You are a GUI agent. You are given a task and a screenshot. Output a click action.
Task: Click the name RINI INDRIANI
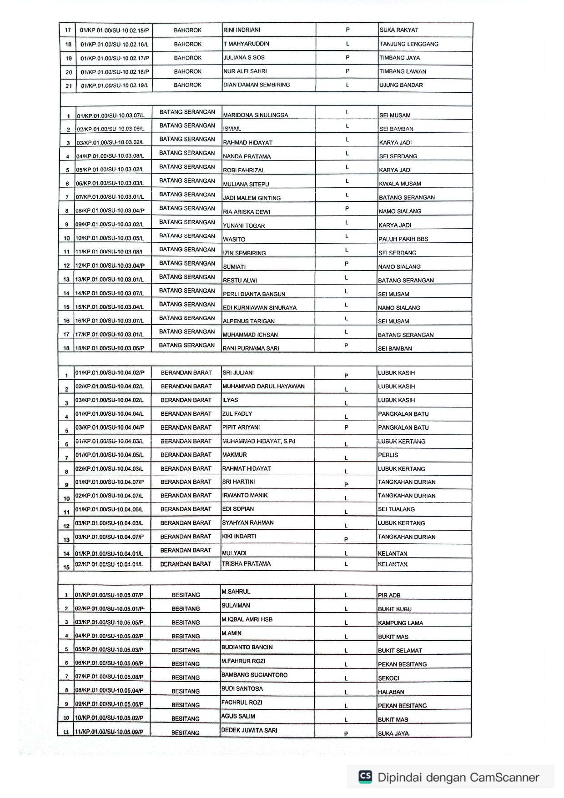[242, 30]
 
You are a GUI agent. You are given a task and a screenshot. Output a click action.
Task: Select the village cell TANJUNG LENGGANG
[409, 44]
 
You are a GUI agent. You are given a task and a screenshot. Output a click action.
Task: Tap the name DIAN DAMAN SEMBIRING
[257, 85]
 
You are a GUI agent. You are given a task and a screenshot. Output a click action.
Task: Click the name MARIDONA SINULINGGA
[256, 115]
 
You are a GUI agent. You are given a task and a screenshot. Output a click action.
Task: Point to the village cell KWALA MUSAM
[400, 184]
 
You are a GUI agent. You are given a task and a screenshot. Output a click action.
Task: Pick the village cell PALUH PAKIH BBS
[403, 239]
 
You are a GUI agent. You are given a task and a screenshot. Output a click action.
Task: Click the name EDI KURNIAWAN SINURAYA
[260, 307]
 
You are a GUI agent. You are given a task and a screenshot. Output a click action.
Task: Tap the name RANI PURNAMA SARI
[251, 348]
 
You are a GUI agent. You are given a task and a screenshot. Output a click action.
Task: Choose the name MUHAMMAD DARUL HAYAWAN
[263, 386]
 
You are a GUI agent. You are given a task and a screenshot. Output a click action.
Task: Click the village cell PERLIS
[388, 455]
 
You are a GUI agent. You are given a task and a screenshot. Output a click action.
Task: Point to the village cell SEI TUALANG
[396, 509]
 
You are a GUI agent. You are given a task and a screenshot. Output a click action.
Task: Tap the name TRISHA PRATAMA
[246, 564]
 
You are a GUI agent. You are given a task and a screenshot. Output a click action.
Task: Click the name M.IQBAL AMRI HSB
[247, 619]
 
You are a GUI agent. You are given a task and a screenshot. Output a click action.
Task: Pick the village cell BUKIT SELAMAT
[400, 651]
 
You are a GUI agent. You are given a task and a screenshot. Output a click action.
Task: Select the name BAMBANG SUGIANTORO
[254, 675]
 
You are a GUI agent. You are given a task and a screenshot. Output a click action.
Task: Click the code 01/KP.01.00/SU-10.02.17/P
[115, 58]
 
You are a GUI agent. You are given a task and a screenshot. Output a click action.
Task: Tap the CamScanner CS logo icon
[365, 777]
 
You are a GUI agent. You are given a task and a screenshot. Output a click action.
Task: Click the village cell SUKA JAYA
[393, 733]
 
